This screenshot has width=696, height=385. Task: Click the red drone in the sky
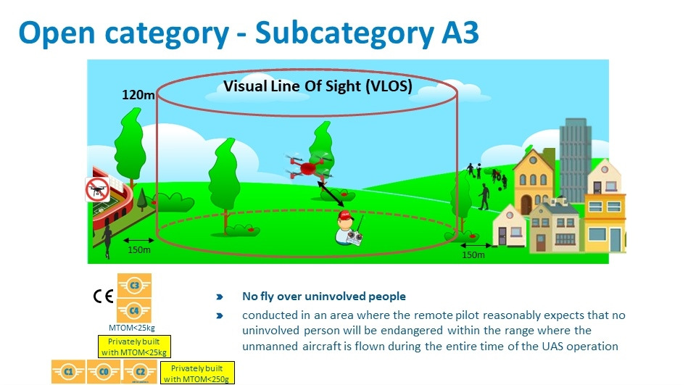coord(309,167)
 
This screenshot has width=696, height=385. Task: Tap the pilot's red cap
coord(344,216)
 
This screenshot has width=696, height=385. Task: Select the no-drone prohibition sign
coord(97,190)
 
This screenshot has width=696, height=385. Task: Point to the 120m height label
coord(138,94)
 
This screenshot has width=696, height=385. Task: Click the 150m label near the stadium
coord(139,250)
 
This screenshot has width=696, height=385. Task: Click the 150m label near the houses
coord(473,255)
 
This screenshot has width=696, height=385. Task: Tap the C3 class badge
coord(134,285)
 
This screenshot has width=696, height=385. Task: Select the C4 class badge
coord(134,310)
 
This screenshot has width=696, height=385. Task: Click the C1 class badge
coord(68,372)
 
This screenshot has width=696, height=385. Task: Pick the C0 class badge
coord(104,372)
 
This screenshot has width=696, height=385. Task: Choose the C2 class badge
coord(140,372)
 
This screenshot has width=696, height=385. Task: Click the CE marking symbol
coord(104,296)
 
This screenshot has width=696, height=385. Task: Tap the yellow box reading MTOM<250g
coord(196,373)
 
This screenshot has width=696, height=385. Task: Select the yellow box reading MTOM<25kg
coord(134,347)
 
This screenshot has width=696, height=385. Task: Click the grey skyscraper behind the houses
coord(575,159)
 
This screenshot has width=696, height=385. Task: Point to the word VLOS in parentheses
coord(389,86)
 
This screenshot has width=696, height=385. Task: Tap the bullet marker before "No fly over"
coord(219,297)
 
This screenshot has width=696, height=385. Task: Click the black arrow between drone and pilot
coord(331,194)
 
